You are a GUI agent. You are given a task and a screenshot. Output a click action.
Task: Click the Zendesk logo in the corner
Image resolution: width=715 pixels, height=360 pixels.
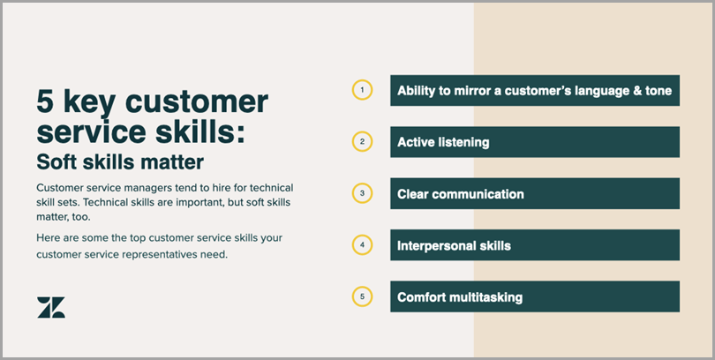(x=51, y=308)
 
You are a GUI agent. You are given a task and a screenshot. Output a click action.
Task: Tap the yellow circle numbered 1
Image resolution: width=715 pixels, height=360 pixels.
(x=362, y=80)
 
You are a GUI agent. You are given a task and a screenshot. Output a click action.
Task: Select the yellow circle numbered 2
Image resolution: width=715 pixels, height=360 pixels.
(x=362, y=132)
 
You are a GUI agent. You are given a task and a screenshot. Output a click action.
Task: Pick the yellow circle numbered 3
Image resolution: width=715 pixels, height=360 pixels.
(x=362, y=184)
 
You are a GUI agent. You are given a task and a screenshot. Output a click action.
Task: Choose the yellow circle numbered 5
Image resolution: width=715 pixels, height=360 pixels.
(x=362, y=287)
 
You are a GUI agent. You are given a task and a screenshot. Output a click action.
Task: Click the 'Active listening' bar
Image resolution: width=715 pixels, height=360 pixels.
(x=535, y=142)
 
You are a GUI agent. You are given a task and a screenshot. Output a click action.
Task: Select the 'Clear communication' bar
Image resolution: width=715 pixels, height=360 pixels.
(x=535, y=193)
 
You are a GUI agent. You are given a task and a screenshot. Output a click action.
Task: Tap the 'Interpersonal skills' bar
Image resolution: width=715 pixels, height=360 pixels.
(x=535, y=245)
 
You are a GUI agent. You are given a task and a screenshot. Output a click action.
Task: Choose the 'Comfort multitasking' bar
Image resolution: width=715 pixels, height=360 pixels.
(x=535, y=296)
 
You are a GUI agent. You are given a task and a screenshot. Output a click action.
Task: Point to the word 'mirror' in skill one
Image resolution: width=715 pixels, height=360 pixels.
(x=474, y=91)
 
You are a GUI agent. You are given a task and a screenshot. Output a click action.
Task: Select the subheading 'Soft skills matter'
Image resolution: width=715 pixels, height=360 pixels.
(x=120, y=162)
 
